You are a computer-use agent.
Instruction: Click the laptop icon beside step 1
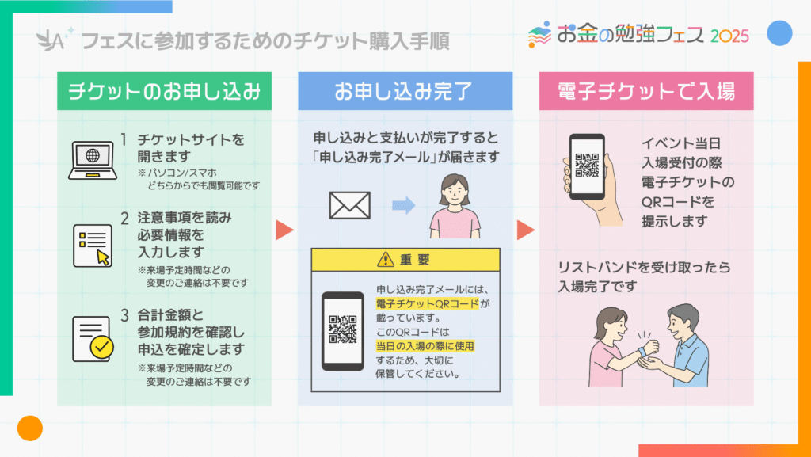[93, 160]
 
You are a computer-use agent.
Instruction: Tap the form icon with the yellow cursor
[93, 246]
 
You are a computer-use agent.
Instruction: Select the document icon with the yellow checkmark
[93, 339]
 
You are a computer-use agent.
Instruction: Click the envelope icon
[349, 205]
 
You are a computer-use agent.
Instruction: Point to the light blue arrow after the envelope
[404, 205]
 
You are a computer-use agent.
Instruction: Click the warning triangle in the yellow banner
[386, 260]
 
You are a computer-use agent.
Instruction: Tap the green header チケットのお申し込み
[164, 91]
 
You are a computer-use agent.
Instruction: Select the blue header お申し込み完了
[405, 91]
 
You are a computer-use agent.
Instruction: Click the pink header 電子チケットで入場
[646, 91]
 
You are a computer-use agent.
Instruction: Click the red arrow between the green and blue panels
[284, 230]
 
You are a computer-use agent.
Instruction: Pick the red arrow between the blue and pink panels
[526, 230]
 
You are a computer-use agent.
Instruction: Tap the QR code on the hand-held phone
[587, 165]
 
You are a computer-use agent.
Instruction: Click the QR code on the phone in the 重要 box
[342, 329]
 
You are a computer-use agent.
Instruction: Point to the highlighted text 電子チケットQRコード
[428, 303]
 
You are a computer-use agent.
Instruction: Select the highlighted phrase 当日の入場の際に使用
[425, 346]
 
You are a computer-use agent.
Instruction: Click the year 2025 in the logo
[729, 36]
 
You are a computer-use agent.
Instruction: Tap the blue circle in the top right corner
[779, 33]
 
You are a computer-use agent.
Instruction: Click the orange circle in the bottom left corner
[30, 428]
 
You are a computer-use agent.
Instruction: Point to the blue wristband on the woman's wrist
[642, 351]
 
